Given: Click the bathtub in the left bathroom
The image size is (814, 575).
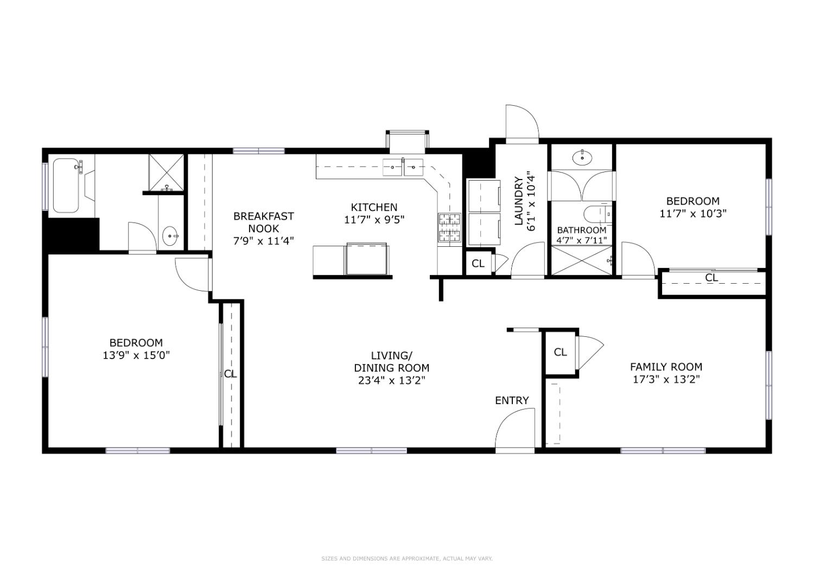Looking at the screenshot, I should (x=66, y=186).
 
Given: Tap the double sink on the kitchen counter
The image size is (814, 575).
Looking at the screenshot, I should (x=403, y=168).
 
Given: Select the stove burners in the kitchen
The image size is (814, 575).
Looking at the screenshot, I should (x=449, y=227).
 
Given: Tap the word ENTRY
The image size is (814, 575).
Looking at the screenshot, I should (x=511, y=400).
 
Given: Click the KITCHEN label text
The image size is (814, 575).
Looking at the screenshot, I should (x=374, y=207).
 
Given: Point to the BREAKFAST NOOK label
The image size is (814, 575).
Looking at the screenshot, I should (x=263, y=222).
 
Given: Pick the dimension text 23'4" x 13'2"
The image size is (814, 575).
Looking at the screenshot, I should (x=391, y=380).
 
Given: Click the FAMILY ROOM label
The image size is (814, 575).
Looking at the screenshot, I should (x=666, y=367).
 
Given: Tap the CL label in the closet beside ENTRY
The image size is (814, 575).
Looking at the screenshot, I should (x=560, y=353).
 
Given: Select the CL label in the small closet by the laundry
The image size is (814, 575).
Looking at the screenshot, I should (x=478, y=264).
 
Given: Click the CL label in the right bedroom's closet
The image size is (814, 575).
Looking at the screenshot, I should (x=711, y=278).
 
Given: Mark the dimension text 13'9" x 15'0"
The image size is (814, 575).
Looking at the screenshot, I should (x=136, y=355).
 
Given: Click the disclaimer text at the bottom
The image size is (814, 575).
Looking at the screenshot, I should (x=406, y=558).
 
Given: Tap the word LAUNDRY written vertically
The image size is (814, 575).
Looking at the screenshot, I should (x=518, y=201).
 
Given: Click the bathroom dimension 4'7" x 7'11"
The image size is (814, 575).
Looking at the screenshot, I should (x=582, y=240).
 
